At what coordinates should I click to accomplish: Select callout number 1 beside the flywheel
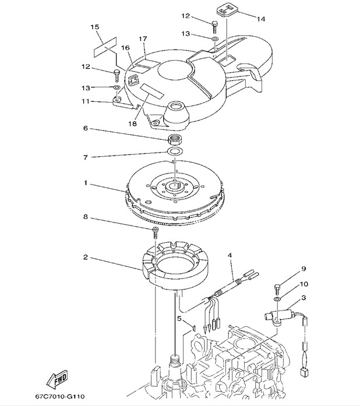85,183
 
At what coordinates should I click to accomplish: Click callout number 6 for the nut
86,128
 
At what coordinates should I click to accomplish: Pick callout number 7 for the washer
86,157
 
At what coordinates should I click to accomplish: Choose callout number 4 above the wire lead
230,256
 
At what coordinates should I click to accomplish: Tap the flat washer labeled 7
174,152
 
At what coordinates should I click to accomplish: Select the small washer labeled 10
278,298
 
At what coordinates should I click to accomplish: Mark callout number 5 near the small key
179,319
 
